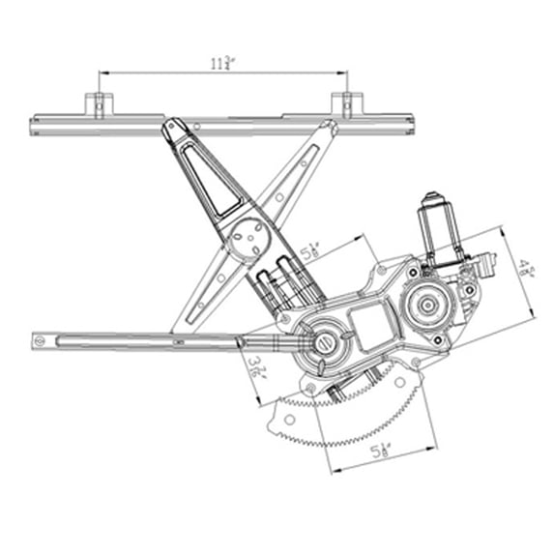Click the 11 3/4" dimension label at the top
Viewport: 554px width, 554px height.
click(221, 64)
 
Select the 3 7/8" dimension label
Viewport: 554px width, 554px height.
click(255, 369)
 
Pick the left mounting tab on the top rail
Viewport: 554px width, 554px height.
click(99, 103)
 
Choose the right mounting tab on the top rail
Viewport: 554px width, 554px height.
click(346, 103)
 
